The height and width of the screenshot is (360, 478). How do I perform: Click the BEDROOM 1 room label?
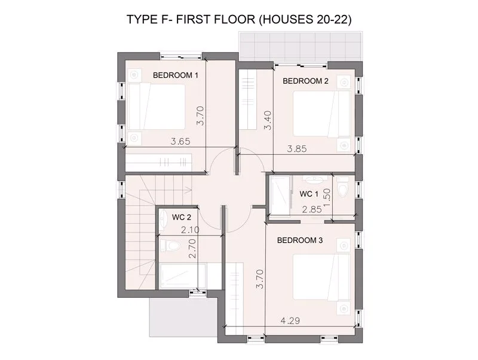pos(176,75)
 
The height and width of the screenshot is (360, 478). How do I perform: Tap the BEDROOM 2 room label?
pos(305,81)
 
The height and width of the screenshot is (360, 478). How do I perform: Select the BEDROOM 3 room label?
pos(300,240)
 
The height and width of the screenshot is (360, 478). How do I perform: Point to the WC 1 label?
pos(309,194)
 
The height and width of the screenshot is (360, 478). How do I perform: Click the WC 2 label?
pos(182,217)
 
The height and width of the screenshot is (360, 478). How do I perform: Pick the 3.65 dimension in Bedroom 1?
pos(180,142)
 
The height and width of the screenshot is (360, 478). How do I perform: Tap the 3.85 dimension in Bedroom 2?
pos(296,149)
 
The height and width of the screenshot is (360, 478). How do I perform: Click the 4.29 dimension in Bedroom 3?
pos(290,321)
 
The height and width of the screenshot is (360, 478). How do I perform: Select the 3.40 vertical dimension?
pos(267,120)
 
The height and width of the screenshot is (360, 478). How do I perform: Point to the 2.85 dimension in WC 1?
pos(312,209)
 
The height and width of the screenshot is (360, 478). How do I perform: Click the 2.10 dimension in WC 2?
pos(190,230)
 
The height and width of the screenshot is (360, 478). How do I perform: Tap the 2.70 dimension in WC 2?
pos(192,248)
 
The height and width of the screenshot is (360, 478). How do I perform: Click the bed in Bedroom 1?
pos(157,107)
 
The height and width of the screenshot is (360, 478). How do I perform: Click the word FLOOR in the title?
pos(234,20)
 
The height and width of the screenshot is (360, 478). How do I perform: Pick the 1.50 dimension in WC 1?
pos(326,197)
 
